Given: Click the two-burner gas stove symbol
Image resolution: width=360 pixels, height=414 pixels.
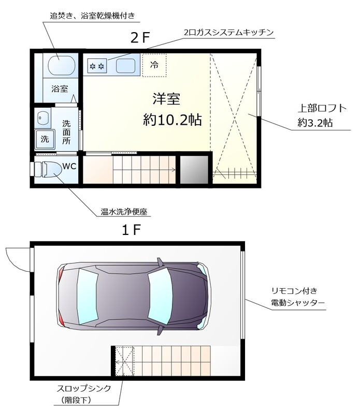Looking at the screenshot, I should pyautogui.click(x=97, y=66).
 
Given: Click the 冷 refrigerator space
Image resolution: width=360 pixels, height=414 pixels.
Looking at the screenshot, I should pyautogui.click(x=154, y=65).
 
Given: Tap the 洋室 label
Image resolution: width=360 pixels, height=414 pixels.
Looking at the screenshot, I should pyautogui.click(x=166, y=98).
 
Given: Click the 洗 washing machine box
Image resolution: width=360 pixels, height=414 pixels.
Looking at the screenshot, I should pyautogui.click(x=45, y=138).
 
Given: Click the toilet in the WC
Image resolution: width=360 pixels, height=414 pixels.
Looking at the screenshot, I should pyautogui.click(x=48, y=169).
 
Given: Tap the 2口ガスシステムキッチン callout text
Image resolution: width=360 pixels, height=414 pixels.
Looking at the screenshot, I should pyautogui.click(x=228, y=33).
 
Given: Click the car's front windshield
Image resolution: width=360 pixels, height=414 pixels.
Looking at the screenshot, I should pyautogui.click(x=160, y=299).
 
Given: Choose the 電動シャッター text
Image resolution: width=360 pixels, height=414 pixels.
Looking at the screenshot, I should pyautogui.click(x=297, y=302).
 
